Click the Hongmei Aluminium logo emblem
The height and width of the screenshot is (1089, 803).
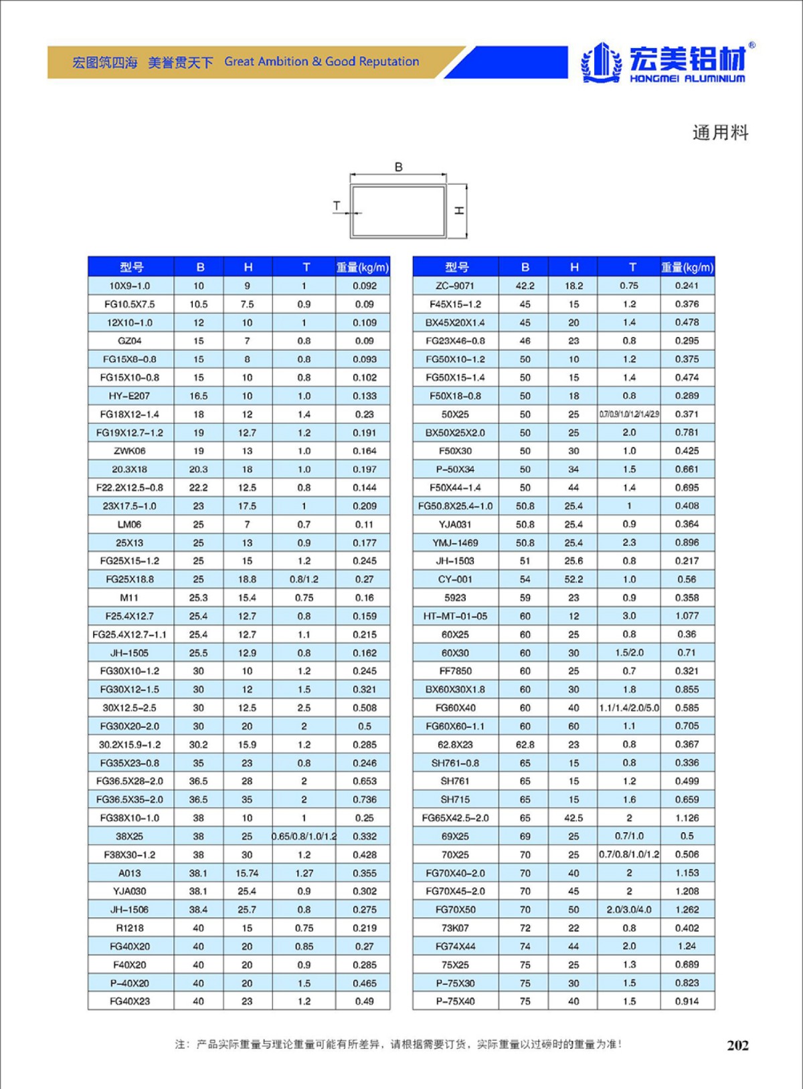coord(600,62)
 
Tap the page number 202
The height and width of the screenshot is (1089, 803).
coord(737,1046)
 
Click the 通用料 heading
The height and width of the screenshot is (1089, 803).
coord(720,132)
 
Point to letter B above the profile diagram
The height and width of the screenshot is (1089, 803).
coord(399,167)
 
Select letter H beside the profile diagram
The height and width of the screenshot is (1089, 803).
coord(459,210)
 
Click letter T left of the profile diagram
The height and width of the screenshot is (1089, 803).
coord(337,206)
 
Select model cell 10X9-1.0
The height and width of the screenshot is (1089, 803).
coord(130,286)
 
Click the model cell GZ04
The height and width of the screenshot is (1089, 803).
coord(130,341)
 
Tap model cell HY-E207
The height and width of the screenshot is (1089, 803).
coord(130,396)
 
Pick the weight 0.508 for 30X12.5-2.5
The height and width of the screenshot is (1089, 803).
coord(365,708)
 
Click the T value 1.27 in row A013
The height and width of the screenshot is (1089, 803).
coord(304,873)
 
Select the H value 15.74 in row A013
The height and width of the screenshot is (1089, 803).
coord(247,873)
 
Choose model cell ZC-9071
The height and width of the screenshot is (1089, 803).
coord(455,286)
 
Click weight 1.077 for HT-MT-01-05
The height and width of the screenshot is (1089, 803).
coord(687,616)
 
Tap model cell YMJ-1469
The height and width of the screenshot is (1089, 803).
coord(455,542)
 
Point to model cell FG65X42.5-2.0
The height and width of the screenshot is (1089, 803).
coord(455,818)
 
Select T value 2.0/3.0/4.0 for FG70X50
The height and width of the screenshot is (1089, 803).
coord(629,910)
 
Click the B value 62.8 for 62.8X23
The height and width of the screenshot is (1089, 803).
coord(525,745)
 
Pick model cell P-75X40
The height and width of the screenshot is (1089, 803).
coord(455,1001)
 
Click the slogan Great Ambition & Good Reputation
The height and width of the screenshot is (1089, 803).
coord(321,62)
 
